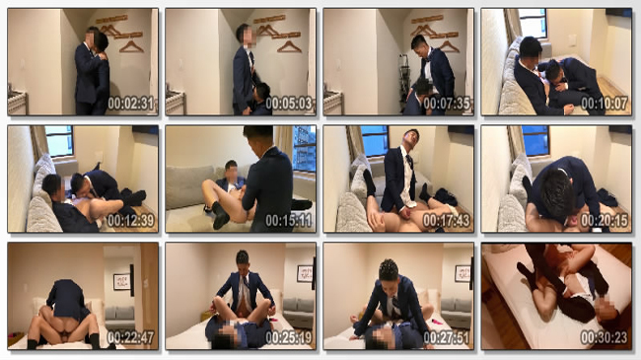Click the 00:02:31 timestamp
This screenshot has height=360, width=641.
[131, 104]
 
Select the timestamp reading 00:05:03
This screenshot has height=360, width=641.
[289, 104]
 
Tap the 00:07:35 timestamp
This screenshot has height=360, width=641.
[447, 104]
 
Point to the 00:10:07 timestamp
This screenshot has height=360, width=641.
[605, 104]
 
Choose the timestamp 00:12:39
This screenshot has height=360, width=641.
[131, 221]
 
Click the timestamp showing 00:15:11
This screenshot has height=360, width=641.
[289, 221]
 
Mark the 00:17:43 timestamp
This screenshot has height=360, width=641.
[447, 221]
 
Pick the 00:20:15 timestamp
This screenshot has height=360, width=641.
[605, 221]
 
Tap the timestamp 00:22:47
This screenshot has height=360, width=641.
[131, 338]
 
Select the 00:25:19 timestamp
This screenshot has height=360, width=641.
[289, 338]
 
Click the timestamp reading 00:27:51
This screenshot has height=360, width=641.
[447, 338]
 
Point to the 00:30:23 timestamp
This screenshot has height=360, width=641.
[605, 338]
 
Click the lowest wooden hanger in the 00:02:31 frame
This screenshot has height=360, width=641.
[131, 47]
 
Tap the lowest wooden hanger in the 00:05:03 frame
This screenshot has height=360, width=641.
[289, 47]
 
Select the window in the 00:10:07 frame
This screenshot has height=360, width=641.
[533, 24]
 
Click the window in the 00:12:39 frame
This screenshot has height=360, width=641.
[59, 141]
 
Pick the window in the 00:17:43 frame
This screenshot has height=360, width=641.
[375, 141]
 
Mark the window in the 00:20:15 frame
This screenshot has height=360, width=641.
[535, 141]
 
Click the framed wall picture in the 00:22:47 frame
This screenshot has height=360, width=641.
[121, 282]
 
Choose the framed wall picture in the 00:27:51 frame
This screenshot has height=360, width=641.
[463, 274]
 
